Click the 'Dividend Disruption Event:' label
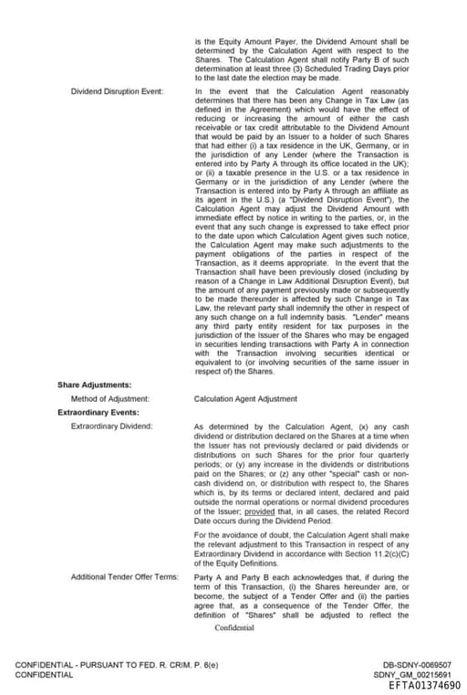click(x=117, y=91)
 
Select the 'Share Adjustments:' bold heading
click(x=94, y=384)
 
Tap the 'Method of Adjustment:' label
click(x=110, y=398)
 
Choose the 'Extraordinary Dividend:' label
click(x=111, y=426)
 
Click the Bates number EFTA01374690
click(x=424, y=685)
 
